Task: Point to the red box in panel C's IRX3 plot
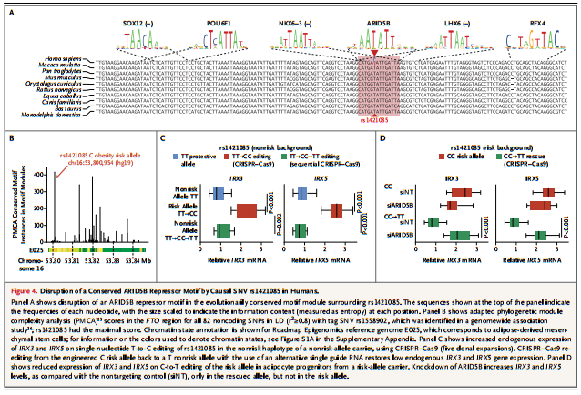(x=247, y=212)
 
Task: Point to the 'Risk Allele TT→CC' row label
(x=189, y=211)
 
